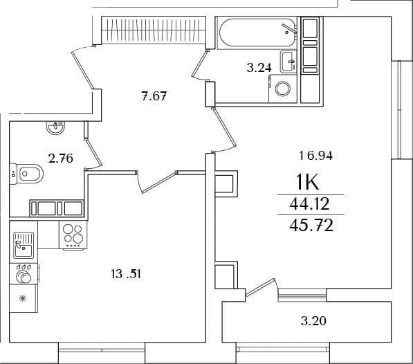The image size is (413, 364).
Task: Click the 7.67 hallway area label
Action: pos(154,96)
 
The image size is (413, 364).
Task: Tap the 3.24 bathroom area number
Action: pos(259,68)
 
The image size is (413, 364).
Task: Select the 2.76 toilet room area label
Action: pos(61,159)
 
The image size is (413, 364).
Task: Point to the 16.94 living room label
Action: pos(316,156)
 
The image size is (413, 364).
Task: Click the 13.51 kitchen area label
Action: pos(126,275)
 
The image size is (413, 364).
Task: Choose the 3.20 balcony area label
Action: pos(313,321)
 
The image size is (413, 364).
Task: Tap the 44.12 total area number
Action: pos(309,204)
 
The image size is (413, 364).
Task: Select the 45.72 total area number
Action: pos(311,226)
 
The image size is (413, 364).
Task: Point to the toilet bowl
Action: pos(26,174)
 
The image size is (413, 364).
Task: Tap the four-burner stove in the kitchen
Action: pos(73,235)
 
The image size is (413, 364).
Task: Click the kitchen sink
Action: pos(24,245)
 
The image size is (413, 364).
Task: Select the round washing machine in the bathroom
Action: pos(283,89)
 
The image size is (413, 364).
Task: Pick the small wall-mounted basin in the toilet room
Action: pos(55,128)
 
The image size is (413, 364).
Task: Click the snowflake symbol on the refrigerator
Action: pos(24,298)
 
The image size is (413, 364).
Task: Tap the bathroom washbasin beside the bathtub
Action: pos(288,62)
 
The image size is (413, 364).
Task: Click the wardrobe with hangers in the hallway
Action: pos(154,30)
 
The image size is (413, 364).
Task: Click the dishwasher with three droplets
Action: pos(24,274)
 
